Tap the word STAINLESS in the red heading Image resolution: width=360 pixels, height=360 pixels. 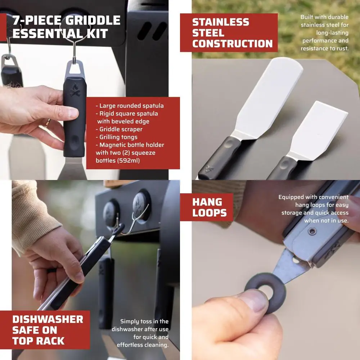[x=221, y=22]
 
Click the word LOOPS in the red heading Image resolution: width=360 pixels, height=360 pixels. [x=210, y=213]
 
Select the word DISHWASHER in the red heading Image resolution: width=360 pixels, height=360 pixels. [x=48, y=319]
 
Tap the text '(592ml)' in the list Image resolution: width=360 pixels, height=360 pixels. [x=127, y=161]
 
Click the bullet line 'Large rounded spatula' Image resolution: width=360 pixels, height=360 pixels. [x=131, y=106]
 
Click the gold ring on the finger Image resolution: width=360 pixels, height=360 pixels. [x=47, y=123]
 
